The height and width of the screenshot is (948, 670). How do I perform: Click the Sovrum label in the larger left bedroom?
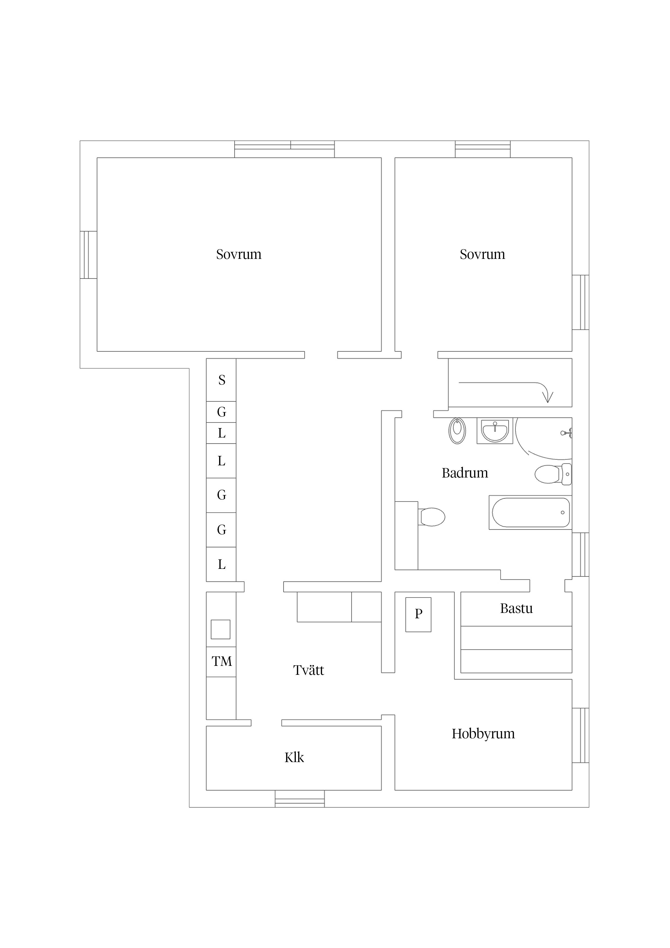coord(239,254)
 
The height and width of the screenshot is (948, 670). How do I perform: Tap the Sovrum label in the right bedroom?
coord(482,254)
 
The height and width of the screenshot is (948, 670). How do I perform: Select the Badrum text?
coord(465,473)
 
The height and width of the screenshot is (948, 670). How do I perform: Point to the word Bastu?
coord(517,608)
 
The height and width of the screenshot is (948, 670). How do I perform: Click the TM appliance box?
coord(221,662)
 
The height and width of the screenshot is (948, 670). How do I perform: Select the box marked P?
coord(418,614)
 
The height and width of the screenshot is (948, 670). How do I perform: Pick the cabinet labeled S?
coord(221,380)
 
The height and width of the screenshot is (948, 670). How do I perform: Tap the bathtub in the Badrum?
coord(531,512)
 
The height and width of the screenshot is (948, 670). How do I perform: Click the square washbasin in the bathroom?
coord(495,431)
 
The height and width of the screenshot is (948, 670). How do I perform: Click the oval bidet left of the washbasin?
coord(457,431)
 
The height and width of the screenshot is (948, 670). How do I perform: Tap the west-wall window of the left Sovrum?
coord(88,255)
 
